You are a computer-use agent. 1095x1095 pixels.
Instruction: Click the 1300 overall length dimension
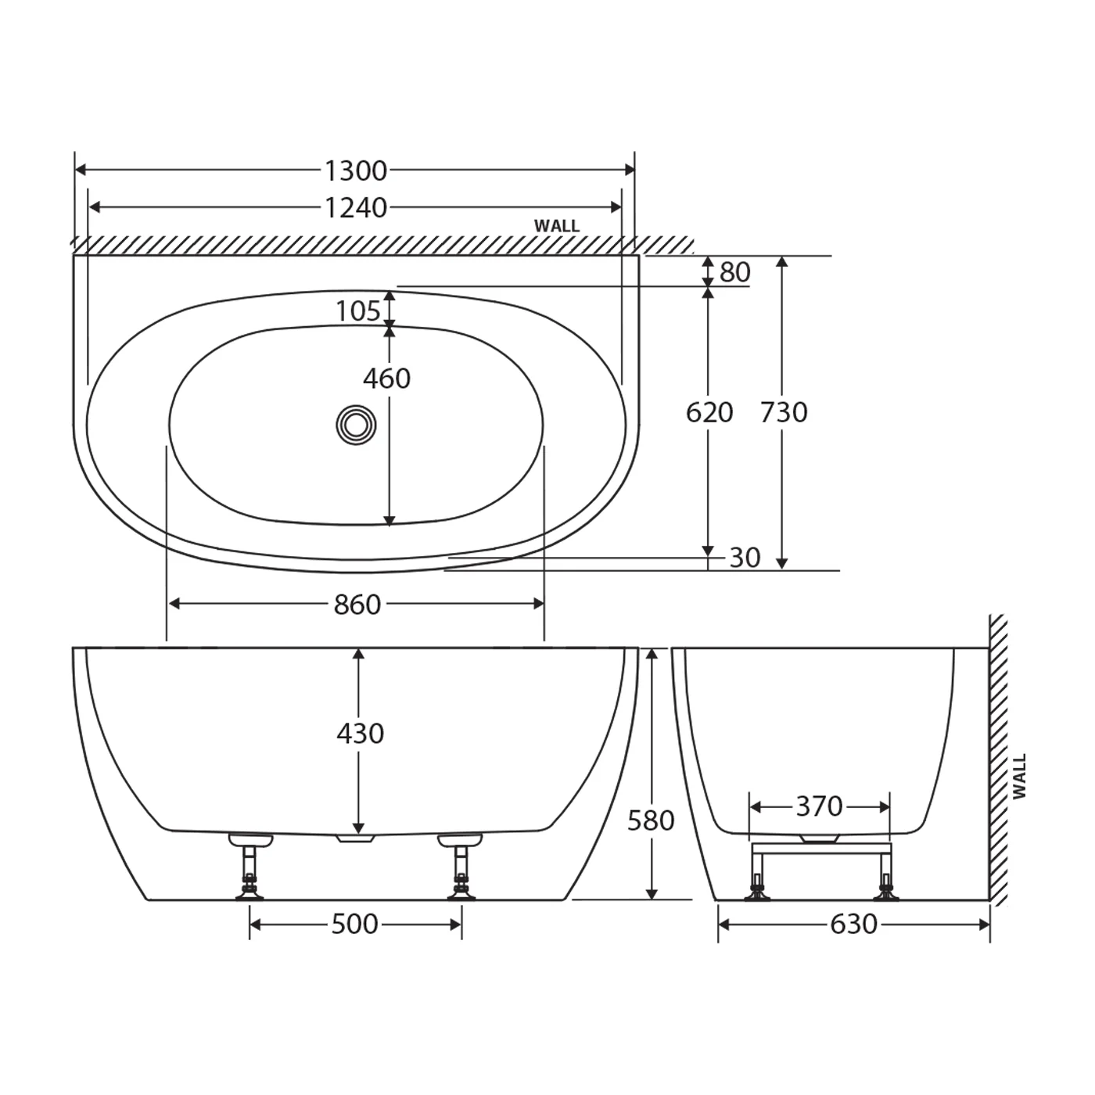click(356, 170)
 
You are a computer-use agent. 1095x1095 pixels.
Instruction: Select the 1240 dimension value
click(356, 207)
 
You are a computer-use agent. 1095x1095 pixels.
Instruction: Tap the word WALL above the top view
click(557, 226)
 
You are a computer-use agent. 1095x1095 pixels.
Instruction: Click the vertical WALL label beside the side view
click(1019, 776)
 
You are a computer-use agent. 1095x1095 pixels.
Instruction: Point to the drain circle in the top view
click(356, 425)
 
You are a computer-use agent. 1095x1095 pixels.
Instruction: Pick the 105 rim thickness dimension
click(357, 311)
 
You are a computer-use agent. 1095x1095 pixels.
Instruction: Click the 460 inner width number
click(386, 379)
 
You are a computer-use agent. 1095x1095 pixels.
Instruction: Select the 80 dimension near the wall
click(734, 272)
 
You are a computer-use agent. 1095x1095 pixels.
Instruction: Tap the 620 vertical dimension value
click(709, 412)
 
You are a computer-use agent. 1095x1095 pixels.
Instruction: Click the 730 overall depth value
click(784, 412)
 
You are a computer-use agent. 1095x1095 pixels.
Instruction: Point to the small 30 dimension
click(745, 558)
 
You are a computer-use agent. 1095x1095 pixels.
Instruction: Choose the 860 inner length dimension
click(357, 605)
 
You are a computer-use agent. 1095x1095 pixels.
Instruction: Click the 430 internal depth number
click(360, 734)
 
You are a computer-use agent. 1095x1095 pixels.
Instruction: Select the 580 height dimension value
click(651, 820)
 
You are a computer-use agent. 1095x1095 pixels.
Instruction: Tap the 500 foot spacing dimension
click(354, 924)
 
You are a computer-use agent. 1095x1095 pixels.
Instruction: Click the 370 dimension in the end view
click(819, 806)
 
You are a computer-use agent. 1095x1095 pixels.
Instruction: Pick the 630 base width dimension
click(853, 924)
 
